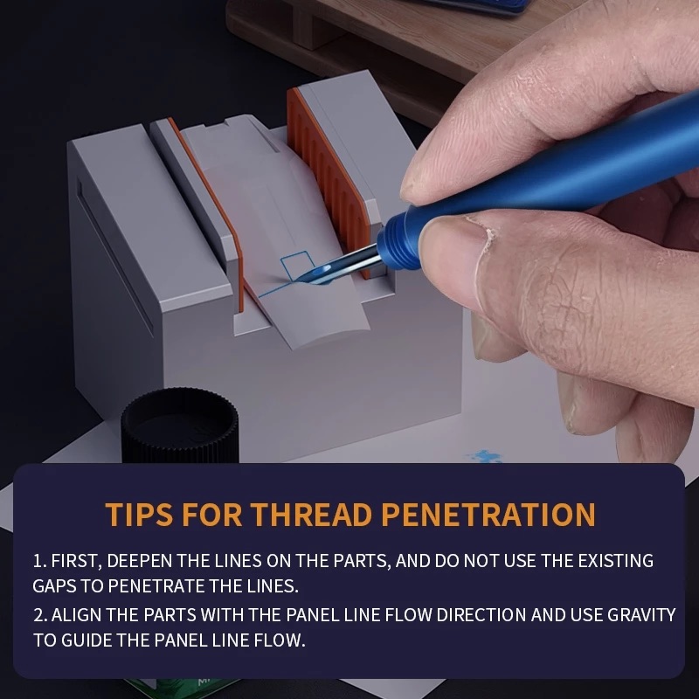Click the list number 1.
tap(38, 560)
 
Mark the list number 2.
tap(38, 615)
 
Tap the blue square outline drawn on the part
tap(298, 262)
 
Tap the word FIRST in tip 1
tap(77, 560)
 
